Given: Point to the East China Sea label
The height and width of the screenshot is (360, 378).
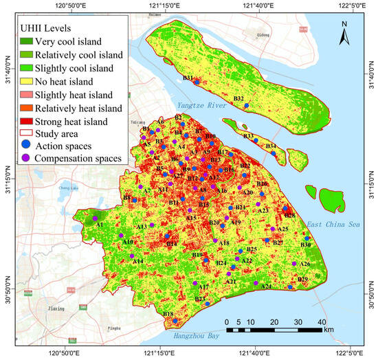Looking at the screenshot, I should click(337, 225).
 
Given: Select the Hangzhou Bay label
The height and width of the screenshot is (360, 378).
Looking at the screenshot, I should click(203, 337).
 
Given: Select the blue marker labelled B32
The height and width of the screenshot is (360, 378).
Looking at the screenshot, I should click(245, 106).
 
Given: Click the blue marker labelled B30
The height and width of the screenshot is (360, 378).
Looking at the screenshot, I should click(307, 238).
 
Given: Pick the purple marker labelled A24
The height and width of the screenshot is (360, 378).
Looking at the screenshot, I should click(255, 283).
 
